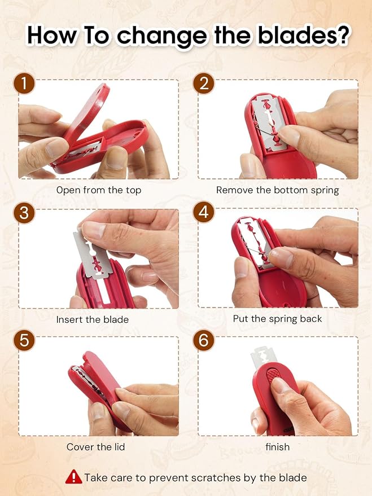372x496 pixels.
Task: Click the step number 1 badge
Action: click(24, 83)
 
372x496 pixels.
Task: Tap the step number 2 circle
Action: click(204, 83)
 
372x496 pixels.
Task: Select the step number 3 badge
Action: click(24, 213)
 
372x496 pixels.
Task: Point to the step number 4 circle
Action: click(204, 212)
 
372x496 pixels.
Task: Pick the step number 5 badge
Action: click(24, 340)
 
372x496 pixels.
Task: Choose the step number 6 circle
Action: click(204, 340)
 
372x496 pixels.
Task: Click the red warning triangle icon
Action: click(73, 476)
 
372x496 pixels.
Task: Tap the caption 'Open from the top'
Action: click(99, 190)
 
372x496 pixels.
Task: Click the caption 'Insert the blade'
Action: click(93, 319)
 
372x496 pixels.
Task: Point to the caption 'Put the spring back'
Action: click(277, 319)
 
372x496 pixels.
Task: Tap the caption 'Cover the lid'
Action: click(95, 447)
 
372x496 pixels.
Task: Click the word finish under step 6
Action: click(277, 447)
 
